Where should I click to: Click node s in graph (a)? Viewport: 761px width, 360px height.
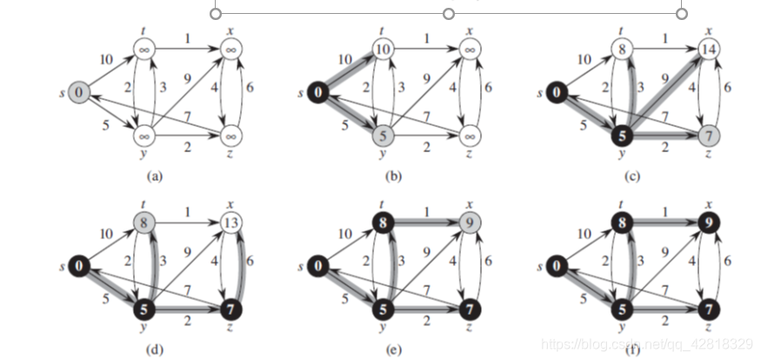(x=78, y=91)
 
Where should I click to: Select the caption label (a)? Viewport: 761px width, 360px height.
(x=155, y=176)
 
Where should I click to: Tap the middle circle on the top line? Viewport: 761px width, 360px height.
(x=449, y=13)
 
